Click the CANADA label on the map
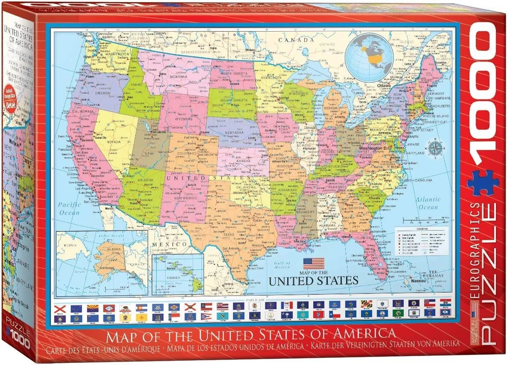tap(295, 39)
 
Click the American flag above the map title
tap(313, 262)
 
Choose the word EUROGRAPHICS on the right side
tap(476, 253)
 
